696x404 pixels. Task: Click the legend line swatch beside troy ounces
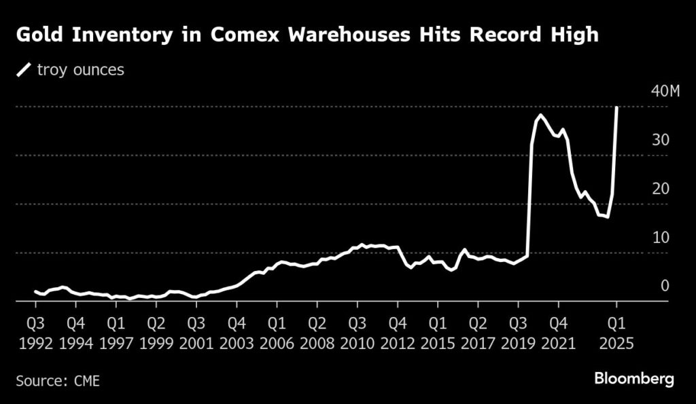[24, 70]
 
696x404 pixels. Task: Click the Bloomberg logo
[633, 379]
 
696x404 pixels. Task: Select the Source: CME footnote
[57, 380]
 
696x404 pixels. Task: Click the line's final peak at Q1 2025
[616, 107]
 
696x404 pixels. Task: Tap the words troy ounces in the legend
[81, 70]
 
